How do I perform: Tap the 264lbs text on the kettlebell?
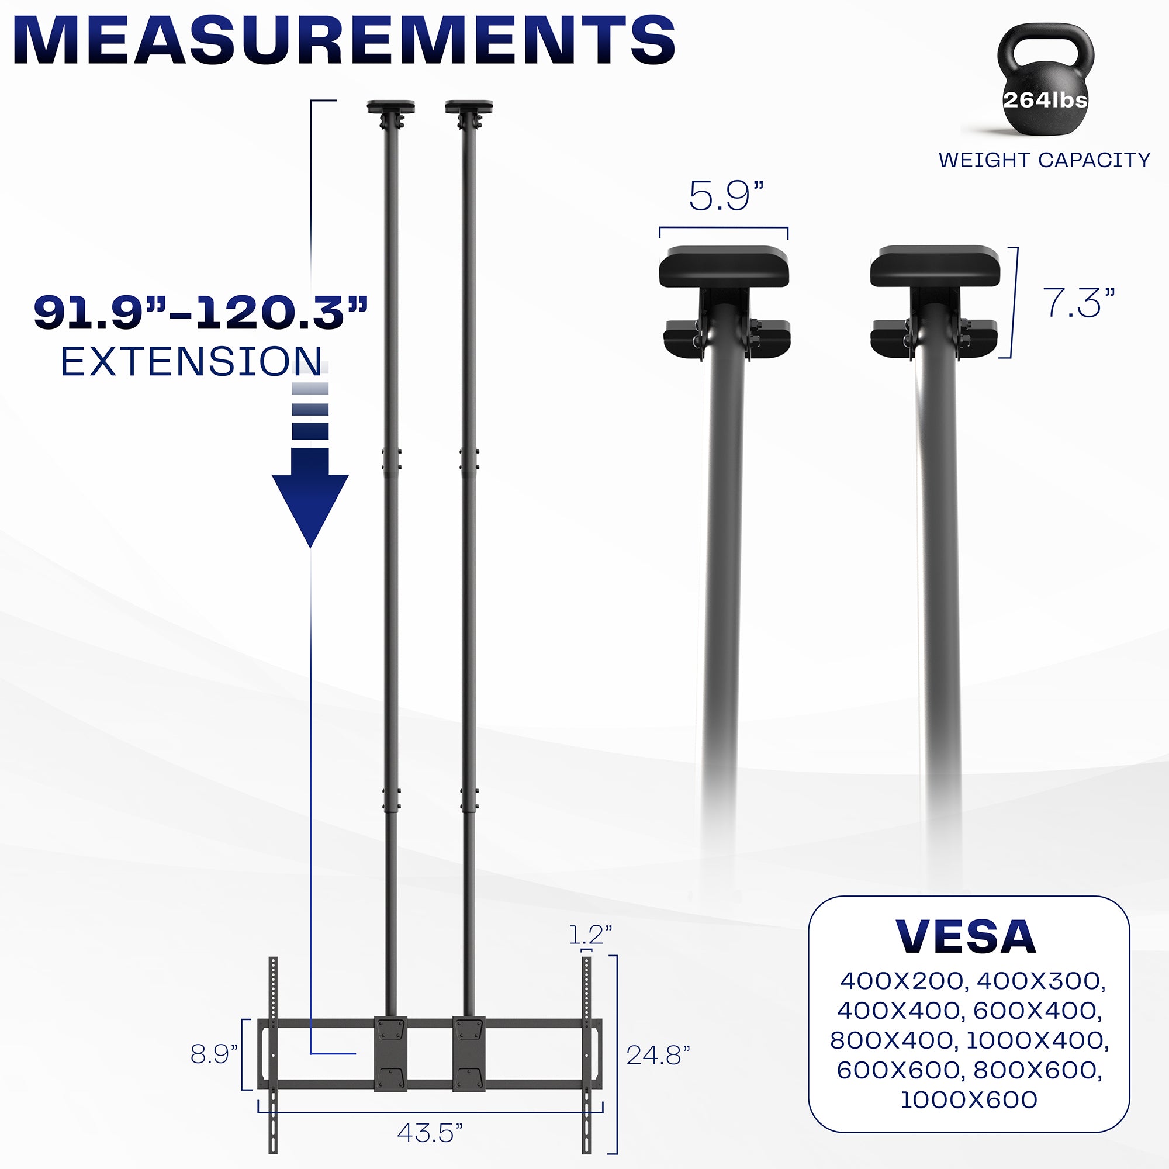1045,100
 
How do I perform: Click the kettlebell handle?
1045,46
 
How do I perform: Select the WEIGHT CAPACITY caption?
1044,160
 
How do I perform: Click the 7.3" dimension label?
1078,303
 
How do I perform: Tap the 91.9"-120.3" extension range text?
200,313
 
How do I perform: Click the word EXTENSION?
191,362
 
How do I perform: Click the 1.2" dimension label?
590,935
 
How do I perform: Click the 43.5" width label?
430,1133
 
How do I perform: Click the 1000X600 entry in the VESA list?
969,1099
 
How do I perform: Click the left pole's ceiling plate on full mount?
391,108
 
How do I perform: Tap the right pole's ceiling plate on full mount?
469,108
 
